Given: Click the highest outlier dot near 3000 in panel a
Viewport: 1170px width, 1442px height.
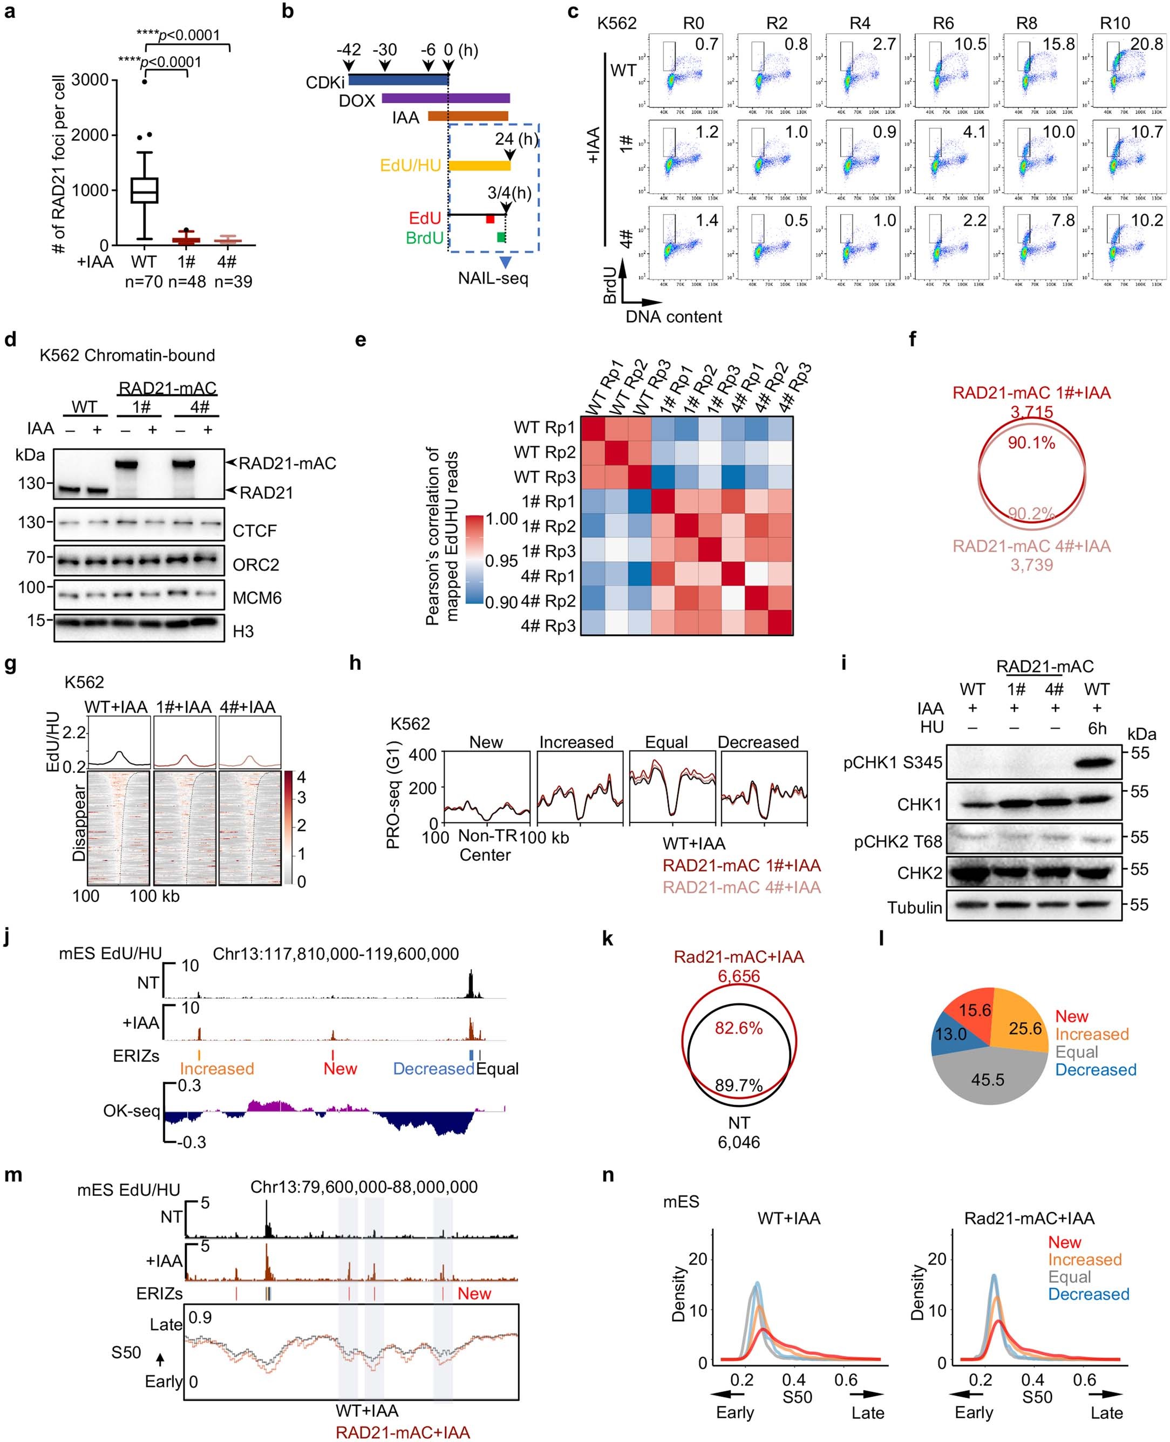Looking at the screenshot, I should pyautogui.click(x=144, y=81).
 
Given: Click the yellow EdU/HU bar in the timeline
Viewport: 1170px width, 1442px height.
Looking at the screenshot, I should pyautogui.click(x=479, y=165).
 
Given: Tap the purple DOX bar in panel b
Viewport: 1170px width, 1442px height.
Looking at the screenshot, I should pyautogui.click(x=445, y=98).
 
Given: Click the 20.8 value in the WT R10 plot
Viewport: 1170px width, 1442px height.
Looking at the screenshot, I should pyautogui.click(x=1146, y=44).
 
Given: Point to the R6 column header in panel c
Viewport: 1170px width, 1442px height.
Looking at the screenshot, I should pyautogui.click(x=943, y=24).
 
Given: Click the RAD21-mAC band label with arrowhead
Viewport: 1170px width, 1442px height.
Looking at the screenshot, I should pyautogui.click(x=287, y=464).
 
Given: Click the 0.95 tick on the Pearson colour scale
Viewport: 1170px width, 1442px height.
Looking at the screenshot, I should pyautogui.click(x=501, y=561).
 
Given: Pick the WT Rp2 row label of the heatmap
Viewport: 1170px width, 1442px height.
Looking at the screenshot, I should pyautogui.click(x=545, y=452).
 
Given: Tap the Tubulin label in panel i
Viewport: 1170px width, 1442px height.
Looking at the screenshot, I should pyautogui.click(x=915, y=908).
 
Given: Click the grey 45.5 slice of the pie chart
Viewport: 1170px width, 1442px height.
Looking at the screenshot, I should pyautogui.click(x=988, y=1079).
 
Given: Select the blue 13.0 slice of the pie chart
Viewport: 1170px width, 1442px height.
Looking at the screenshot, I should pyautogui.click(x=951, y=1033).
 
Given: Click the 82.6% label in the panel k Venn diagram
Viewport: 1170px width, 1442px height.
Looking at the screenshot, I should pyautogui.click(x=739, y=1028).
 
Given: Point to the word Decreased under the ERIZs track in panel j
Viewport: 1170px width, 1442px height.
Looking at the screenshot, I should pyautogui.click(x=433, y=1069).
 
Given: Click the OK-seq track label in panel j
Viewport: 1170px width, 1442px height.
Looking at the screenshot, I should pyautogui.click(x=132, y=1111).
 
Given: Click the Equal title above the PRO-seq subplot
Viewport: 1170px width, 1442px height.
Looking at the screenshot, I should pyautogui.click(x=666, y=743).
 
